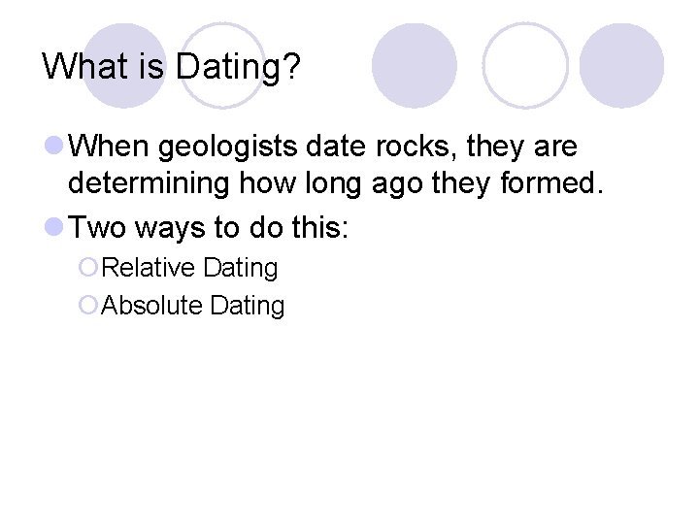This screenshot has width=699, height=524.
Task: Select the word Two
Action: pos(98,227)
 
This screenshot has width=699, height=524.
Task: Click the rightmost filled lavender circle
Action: pos(621,65)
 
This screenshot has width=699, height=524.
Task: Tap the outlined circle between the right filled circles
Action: pos(525,65)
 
